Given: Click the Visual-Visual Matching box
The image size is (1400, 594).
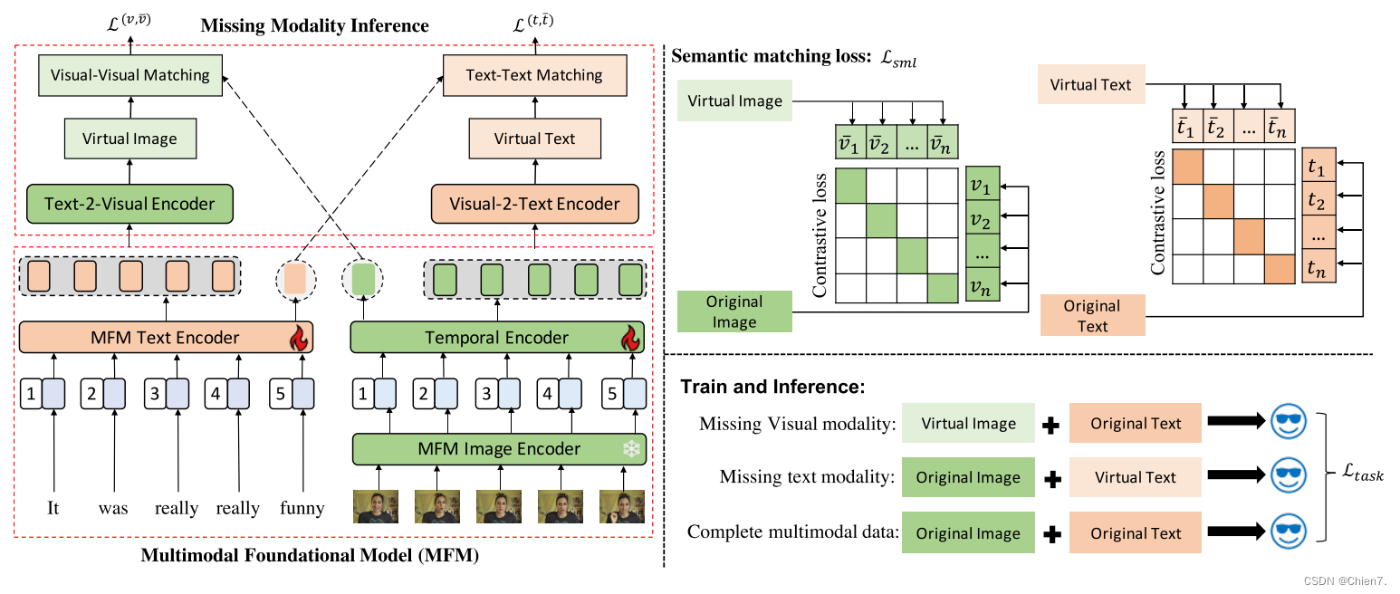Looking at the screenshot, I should click(x=129, y=75).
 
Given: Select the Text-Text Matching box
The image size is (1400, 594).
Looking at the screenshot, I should click(x=534, y=75).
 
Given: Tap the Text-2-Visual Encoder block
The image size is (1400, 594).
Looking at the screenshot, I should click(x=129, y=204).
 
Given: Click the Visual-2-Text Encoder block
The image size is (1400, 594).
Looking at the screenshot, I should click(x=534, y=204).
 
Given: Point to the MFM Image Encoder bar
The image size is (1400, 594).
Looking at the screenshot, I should click(x=498, y=448).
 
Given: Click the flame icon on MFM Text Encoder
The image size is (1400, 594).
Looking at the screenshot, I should click(x=298, y=339).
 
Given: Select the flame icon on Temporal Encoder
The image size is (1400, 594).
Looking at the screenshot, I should click(x=629, y=339).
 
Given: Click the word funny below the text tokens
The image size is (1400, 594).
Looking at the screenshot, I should click(x=302, y=508).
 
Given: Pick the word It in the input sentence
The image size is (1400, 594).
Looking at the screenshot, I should click(x=53, y=508).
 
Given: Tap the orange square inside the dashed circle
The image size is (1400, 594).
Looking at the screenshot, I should click(x=296, y=278).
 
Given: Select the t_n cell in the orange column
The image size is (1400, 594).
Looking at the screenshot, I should click(x=1318, y=268).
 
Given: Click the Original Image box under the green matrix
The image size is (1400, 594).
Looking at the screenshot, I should click(x=734, y=311).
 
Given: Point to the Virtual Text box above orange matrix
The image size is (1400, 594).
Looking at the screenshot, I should click(x=1090, y=85).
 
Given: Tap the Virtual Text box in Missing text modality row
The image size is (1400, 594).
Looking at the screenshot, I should click(x=1136, y=477).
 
